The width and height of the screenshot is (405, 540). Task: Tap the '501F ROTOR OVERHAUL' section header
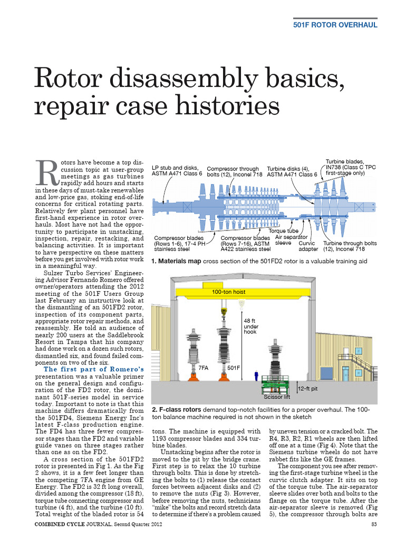pyautogui.click(x=335, y=25)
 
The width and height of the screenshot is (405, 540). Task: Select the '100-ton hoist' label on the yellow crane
pyautogui.click(x=228, y=292)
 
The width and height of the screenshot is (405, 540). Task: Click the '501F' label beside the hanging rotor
pyautogui.click(x=235, y=368)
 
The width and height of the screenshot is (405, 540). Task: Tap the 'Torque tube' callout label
pyautogui.click(x=284, y=231)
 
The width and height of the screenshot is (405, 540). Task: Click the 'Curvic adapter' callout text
pyautogui.click(x=308, y=246)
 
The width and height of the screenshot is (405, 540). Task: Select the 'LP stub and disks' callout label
pyautogui.click(x=177, y=170)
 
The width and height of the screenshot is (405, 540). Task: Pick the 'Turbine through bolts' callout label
pyautogui.click(x=350, y=246)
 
